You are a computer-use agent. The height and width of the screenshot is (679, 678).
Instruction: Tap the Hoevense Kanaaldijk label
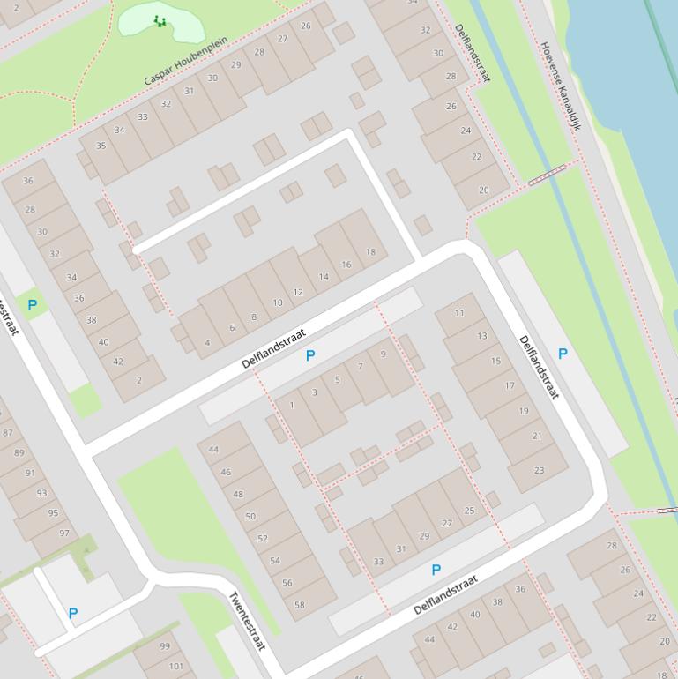click(562, 86)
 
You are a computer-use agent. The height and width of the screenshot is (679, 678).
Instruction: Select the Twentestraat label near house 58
click(248, 621)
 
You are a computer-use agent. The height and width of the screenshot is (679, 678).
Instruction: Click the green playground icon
click(160, 20)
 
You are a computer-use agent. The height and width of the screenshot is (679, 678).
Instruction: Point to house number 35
click(101, 145)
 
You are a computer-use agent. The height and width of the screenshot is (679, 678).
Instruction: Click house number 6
click(232, 328)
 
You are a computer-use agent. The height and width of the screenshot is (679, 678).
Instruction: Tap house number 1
click(292, 406)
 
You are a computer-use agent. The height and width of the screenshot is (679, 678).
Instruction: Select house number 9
click(383, 354)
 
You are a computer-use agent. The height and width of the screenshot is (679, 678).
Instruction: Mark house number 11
click(459, 313)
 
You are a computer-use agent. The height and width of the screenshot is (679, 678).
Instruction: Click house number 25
click(469, 511)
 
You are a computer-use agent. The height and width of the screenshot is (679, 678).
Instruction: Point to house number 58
click(300, 605)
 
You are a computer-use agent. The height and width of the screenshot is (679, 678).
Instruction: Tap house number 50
click(250, 517)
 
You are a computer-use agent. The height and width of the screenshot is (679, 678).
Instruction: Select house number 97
click(64, 533)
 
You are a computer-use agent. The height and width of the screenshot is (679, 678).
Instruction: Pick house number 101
click(176, 666)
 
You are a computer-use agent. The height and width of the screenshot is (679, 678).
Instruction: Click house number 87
click(8, 432)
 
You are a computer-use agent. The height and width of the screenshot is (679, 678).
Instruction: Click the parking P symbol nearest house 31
click(436, 571)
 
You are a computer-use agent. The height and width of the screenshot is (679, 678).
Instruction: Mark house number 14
click(324, 277)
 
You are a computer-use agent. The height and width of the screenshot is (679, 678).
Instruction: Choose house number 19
click(524, 411)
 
